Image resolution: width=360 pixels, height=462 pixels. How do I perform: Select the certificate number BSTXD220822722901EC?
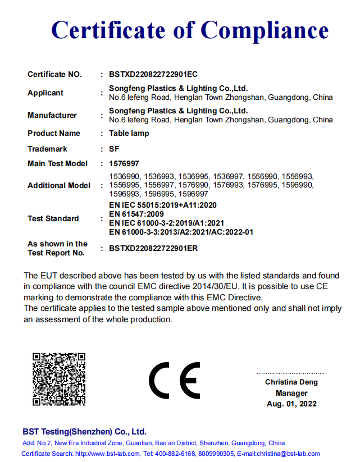point(153,74)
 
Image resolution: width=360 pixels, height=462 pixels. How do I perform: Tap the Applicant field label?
point(45,93)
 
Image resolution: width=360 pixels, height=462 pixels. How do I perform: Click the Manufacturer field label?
point(52,115)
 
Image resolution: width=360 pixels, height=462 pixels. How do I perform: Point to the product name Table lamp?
point(129,133)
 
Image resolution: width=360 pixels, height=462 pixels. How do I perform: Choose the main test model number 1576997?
point(124,163)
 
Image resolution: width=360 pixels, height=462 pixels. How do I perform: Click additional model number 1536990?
point(124,176)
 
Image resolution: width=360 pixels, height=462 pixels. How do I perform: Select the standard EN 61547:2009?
point(136,214)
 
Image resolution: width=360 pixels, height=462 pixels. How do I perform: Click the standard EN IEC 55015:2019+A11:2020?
point(162,205)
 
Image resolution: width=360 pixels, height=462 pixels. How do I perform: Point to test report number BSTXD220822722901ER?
point(153,248)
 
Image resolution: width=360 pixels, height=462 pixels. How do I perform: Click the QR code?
point(58,379)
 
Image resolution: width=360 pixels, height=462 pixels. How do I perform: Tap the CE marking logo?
point(174,381)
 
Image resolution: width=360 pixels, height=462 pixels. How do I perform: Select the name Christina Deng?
point(291,382)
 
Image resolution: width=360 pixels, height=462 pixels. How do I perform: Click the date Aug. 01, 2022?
point(291,404)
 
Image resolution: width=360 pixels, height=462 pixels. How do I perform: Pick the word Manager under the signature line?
point(291,393)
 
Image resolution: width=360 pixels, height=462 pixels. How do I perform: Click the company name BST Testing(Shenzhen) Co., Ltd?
point(84,432)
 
